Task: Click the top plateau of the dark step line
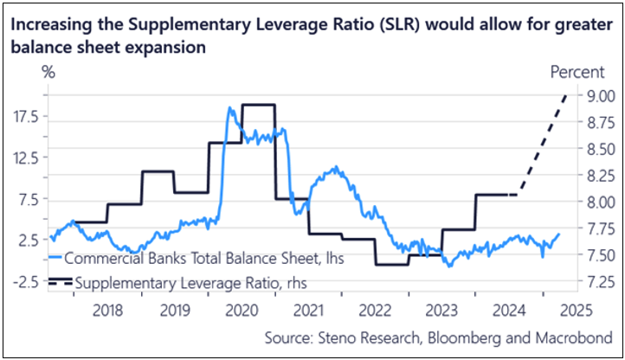(x=258, y=105)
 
